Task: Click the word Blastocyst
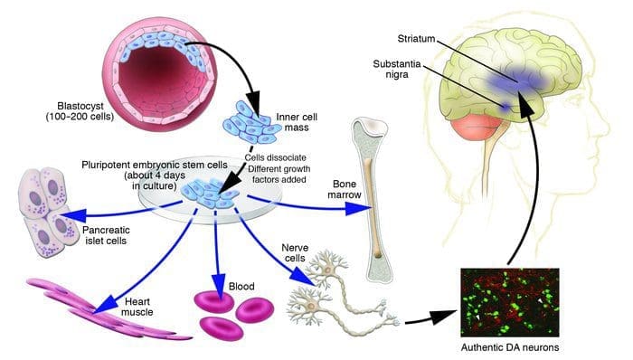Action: coord(80,107)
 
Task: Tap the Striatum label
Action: coord(416,39)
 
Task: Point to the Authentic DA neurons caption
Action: coord(510,347)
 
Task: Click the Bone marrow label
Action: coord(345,189)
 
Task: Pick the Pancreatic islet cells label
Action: coord(106,235)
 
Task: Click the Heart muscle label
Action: coord(137,307)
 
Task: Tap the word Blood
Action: coord(241,287)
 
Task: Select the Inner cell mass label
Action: coord(297,122)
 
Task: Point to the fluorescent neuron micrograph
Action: coord(510,302)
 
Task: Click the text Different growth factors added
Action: coord(279,174)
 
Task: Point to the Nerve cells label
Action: coord(295,252)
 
